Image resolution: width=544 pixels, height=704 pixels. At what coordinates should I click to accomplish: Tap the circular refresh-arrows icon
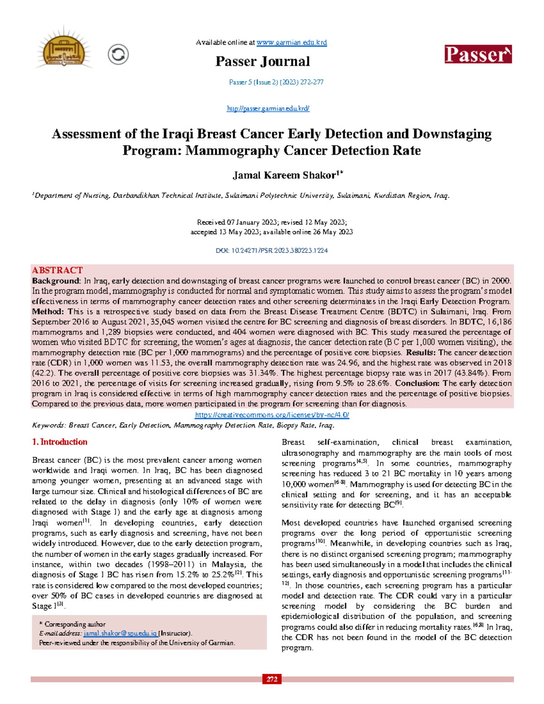pos(118,54)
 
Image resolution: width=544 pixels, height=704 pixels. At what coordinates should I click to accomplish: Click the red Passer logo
pos(478,54)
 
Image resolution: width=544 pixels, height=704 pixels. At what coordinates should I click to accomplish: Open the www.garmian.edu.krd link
pos(291,43)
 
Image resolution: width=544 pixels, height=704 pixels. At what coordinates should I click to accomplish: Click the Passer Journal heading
pos(262,62)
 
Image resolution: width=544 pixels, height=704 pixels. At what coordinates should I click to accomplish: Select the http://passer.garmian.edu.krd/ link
pos(268,108)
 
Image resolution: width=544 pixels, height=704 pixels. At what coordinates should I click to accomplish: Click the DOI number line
pos(272,250)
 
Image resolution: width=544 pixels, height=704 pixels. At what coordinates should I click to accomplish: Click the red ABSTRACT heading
pos(57,270)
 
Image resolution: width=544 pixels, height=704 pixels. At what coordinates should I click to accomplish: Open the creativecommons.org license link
pos(272,415)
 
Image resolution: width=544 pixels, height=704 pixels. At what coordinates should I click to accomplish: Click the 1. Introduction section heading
pos(60,442)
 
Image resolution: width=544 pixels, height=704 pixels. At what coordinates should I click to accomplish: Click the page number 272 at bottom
pos(272,679)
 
